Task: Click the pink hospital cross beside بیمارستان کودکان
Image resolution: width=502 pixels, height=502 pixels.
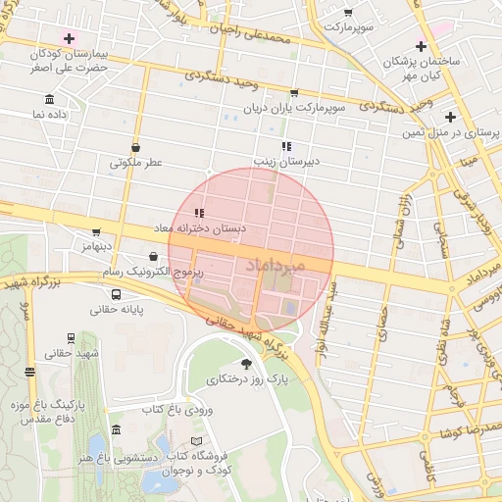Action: coord(68,37)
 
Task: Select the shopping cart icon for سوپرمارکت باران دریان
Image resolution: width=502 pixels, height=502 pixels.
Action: coord(293,93)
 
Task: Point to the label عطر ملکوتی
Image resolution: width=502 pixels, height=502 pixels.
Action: coord(134,163)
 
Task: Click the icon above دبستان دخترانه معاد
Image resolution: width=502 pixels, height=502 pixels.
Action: coord(199,213)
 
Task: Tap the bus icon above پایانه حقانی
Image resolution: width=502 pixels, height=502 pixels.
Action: coord(117,294)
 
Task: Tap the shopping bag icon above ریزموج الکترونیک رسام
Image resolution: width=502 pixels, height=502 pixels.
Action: coord(154,256)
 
